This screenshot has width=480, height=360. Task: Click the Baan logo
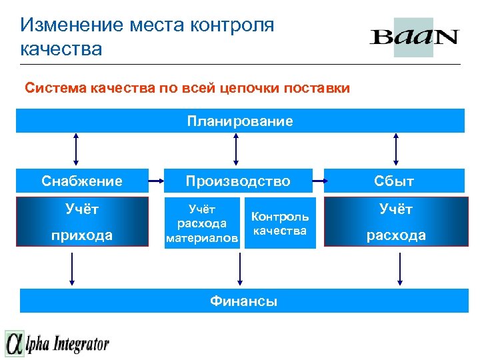[x=414, y=37]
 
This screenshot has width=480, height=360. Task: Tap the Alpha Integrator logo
[x=57, y=343]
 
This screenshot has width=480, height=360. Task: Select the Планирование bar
[x=240, y=121]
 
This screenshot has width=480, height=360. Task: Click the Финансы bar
[x=243, y=301]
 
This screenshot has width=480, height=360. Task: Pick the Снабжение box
[x=82, y=181]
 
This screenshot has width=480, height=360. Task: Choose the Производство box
[x=238, y=181]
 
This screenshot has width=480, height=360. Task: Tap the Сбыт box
[x=395, y=181]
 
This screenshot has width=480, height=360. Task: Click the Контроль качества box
[x=280, y=224]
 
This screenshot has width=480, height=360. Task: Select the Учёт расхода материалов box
[x=202, y=224]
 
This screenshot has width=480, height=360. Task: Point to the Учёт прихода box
[x=82, y=222]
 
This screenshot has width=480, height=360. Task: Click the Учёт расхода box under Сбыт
[x=395, y=222]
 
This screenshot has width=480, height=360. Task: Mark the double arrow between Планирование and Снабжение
[x=77, y=148]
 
